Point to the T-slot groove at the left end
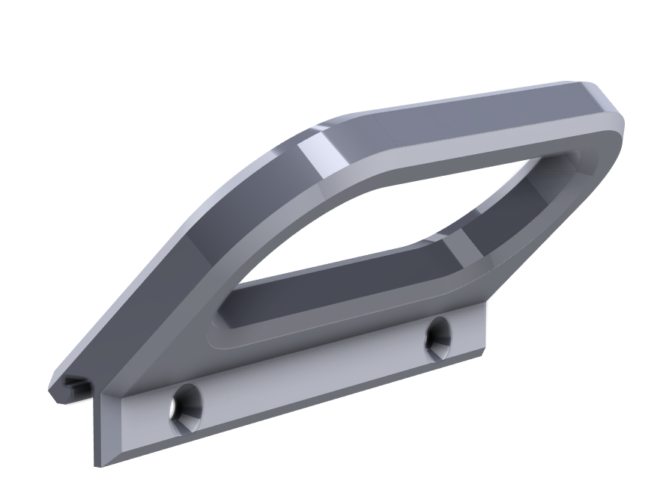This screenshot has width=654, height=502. (75, 385)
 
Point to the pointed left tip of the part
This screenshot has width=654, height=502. (50, 390)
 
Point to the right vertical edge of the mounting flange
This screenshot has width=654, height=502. (485, 329)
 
